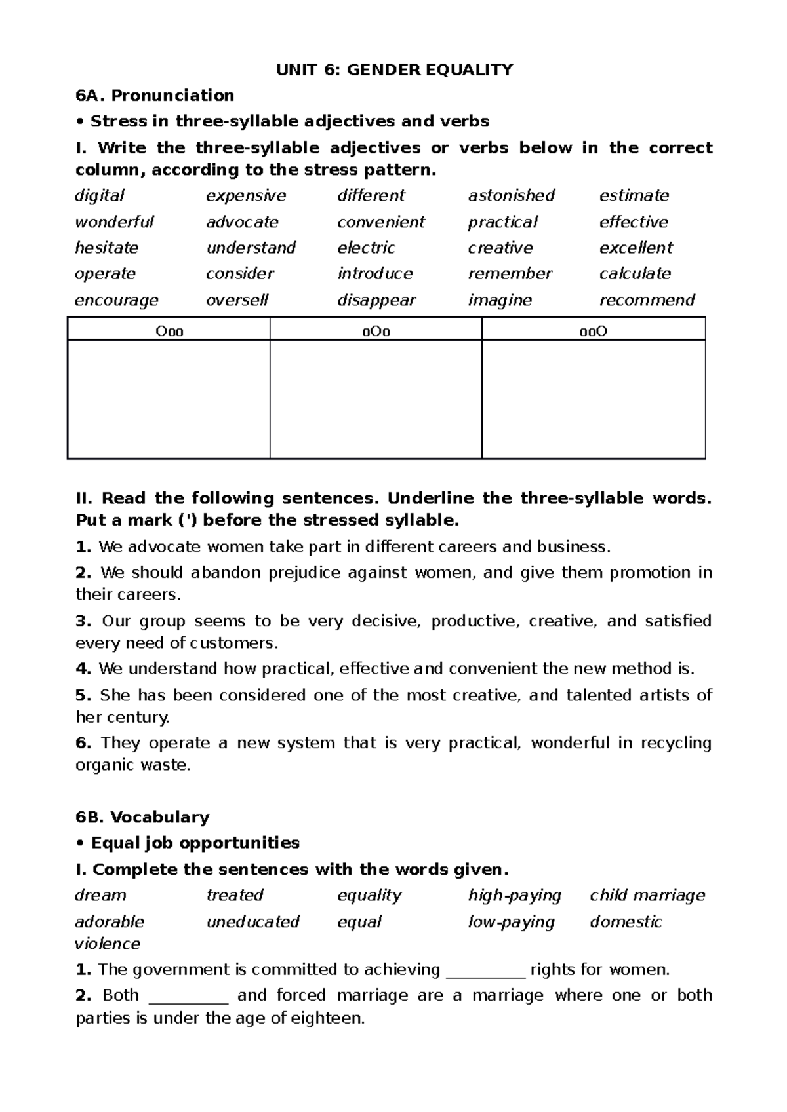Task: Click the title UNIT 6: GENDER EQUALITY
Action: coord(394,69)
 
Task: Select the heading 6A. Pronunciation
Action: coord(155,96)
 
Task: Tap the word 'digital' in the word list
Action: coord(100,195)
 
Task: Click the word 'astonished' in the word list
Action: coord(511,195)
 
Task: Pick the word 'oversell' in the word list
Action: coord(237,300)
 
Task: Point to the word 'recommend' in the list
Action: coord(647,300)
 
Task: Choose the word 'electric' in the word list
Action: coord(366,248)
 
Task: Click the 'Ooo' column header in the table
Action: coord(169,331)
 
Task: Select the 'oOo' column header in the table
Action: coord(376,331)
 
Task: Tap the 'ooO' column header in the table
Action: coord(594,331)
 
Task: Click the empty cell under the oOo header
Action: coord(376,398)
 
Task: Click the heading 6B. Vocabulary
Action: coord(142,817)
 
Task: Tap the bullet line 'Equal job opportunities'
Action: coord(195,843)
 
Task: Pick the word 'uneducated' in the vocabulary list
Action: coord(252,921)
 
